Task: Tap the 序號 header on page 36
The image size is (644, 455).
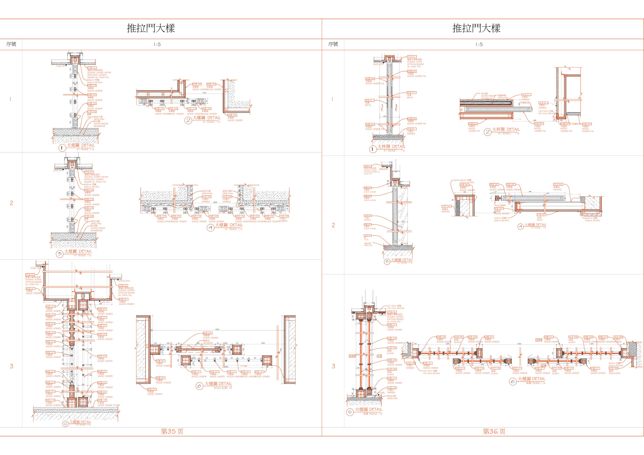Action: (333, 44)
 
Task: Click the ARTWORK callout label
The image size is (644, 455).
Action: (208, 343)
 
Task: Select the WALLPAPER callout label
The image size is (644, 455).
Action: (615, 373)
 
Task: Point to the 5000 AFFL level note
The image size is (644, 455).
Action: (35, 268)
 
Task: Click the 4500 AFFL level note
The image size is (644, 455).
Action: (124, 281)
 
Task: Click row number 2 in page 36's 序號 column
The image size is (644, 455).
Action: (333, 225)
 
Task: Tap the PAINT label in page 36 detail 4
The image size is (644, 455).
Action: (540, 220)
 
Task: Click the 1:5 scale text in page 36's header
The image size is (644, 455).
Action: (479, 44)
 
